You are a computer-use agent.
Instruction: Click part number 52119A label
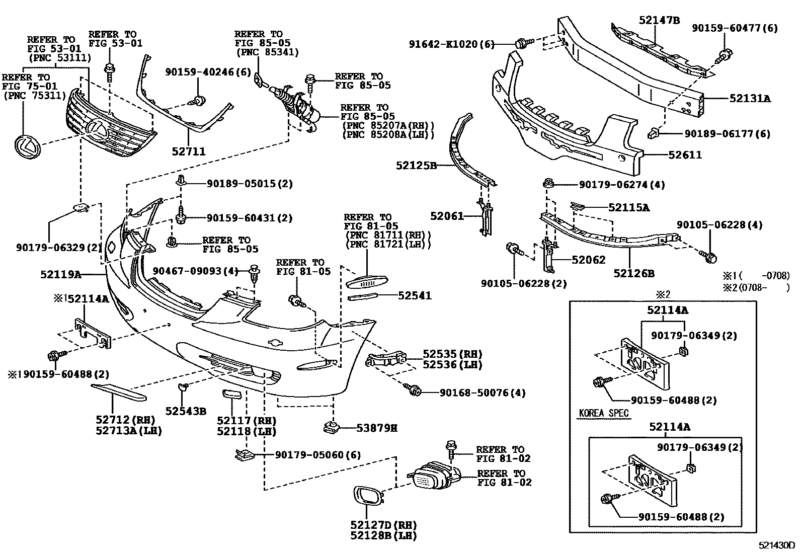[x=61, y=275]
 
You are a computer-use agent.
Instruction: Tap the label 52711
[x=189, y=151]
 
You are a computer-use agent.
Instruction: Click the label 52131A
[x=750, y=99]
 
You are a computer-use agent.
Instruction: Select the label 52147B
[x=660, y=20]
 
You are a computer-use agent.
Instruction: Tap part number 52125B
[x=416, y=165]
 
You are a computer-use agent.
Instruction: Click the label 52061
[x=447, y=216]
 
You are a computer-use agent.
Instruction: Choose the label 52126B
[x=633, y=274]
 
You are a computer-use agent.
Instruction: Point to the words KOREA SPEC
[x=604, y=413]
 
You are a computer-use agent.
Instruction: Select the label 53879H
[x=377, y=428]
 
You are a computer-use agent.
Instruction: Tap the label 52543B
[x=186, y=411]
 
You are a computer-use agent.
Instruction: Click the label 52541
[x=415, y=296]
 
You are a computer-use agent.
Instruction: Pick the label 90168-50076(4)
[x=483, y=392]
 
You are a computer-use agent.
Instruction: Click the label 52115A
[x=628, y=207]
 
